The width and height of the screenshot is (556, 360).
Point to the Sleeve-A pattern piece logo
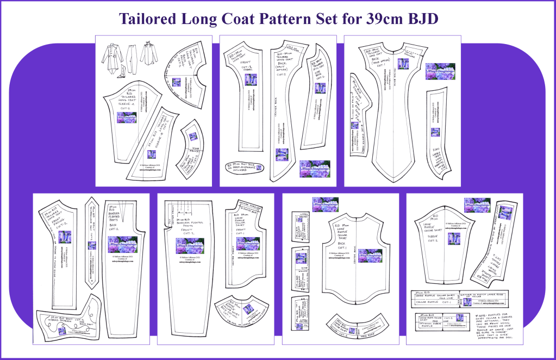(x=127, y=117)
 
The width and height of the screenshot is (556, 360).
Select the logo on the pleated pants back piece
(x=123, y=245)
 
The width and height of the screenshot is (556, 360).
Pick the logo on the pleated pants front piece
(x=190, y=246)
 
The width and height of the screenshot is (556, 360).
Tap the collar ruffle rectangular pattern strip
(x=435, y=299)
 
